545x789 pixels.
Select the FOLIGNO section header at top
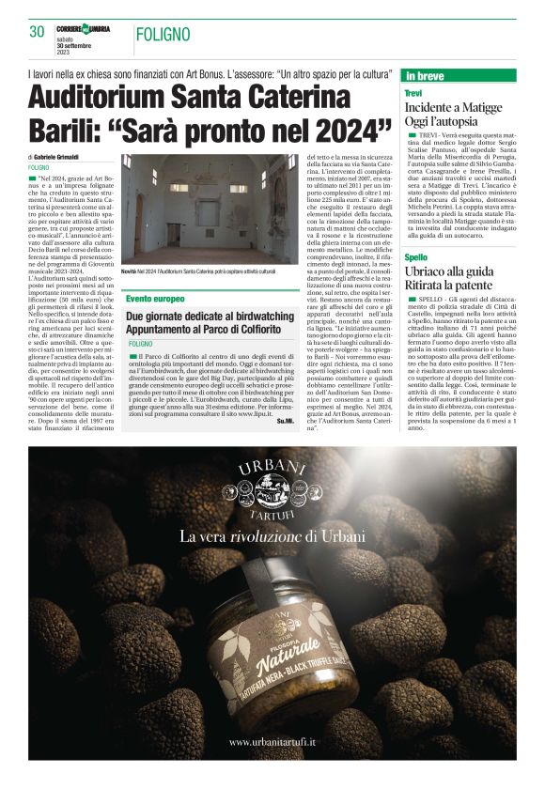[x=165, y=34]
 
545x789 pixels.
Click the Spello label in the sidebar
[x=416, y=256]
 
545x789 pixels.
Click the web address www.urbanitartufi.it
[x=272, y=742]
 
